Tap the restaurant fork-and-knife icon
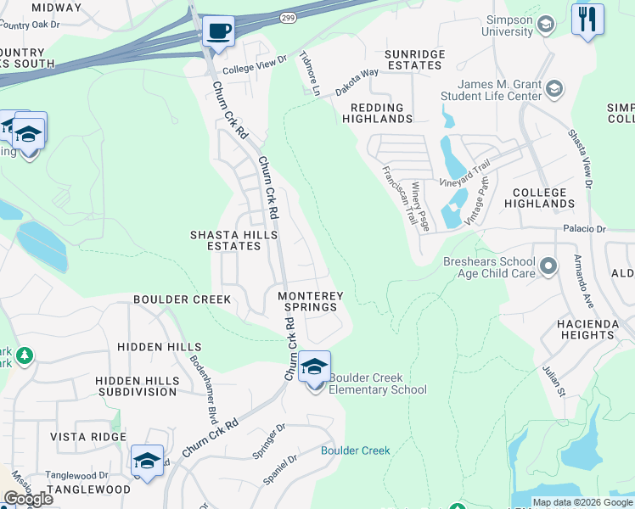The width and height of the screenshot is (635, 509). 587,20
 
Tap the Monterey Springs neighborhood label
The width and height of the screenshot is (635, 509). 311,301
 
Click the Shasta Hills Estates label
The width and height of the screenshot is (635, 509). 224,240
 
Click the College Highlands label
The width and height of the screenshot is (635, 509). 539,199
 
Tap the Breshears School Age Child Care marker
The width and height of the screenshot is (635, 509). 548,267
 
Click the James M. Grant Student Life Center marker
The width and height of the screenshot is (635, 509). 554,89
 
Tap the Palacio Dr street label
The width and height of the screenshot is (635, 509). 582,229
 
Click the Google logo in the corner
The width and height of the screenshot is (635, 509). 28,498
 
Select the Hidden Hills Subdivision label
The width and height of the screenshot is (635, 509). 137,386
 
